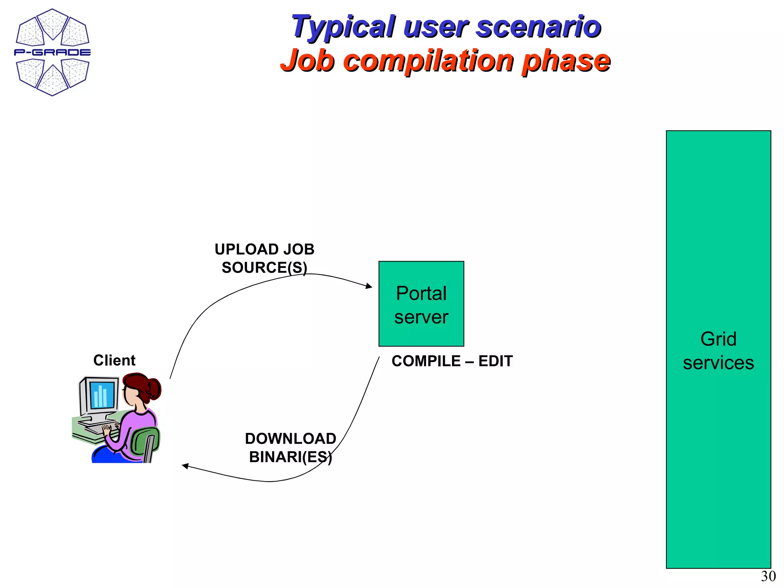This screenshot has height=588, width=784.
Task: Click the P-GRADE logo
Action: click(52, 52)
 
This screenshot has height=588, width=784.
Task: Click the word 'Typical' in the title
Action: click(343, 27)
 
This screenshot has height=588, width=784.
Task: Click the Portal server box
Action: click(421, 304)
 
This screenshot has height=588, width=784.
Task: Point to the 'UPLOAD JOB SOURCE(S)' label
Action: click(264, 258)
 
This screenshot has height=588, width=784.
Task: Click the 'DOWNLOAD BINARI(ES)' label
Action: click(291, 448)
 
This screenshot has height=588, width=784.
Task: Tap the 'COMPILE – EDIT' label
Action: click(452, 361)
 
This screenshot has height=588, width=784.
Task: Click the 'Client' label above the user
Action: click(114, 360)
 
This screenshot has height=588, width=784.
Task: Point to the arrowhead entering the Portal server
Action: click(369, 286)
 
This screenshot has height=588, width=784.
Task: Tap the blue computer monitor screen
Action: click(102, 395)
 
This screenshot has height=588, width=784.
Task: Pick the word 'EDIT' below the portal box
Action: click(495, 361)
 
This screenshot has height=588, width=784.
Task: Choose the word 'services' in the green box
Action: click(718, 363)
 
